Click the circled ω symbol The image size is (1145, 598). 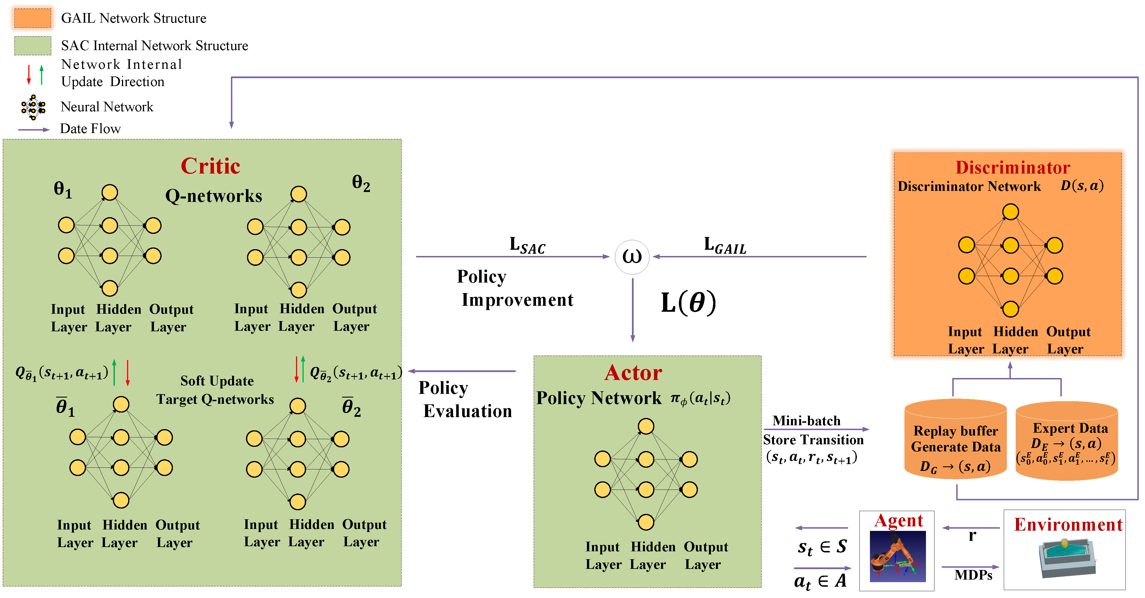[x=632, y=257]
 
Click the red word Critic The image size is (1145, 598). [x=210, y=166]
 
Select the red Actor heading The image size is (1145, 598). [x=633, y=373]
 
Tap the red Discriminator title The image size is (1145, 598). [x=1013, y=168]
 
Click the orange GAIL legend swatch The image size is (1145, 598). [x=33, y=18]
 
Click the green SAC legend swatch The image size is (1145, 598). [x=33, y=45]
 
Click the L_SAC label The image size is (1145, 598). [x=527, y=245]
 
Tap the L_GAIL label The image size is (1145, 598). [x=724, y=245]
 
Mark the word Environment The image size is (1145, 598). [x=1068, y=525]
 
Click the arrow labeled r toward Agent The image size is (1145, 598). [x=971, y=528]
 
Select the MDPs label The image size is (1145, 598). [x=973, y=575]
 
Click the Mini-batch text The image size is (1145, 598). [x=806, y=420]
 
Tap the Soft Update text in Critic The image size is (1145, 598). [x=217, y=381]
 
